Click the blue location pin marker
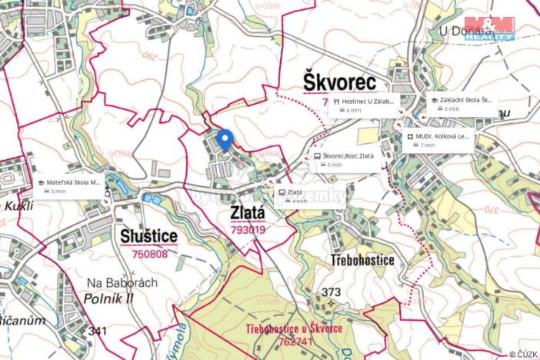point(225,140)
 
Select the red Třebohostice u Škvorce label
point(295,329)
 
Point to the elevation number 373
point(332,292)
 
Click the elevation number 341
point(97,331)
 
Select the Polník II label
point(111,297)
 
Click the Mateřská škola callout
point(69,186)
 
